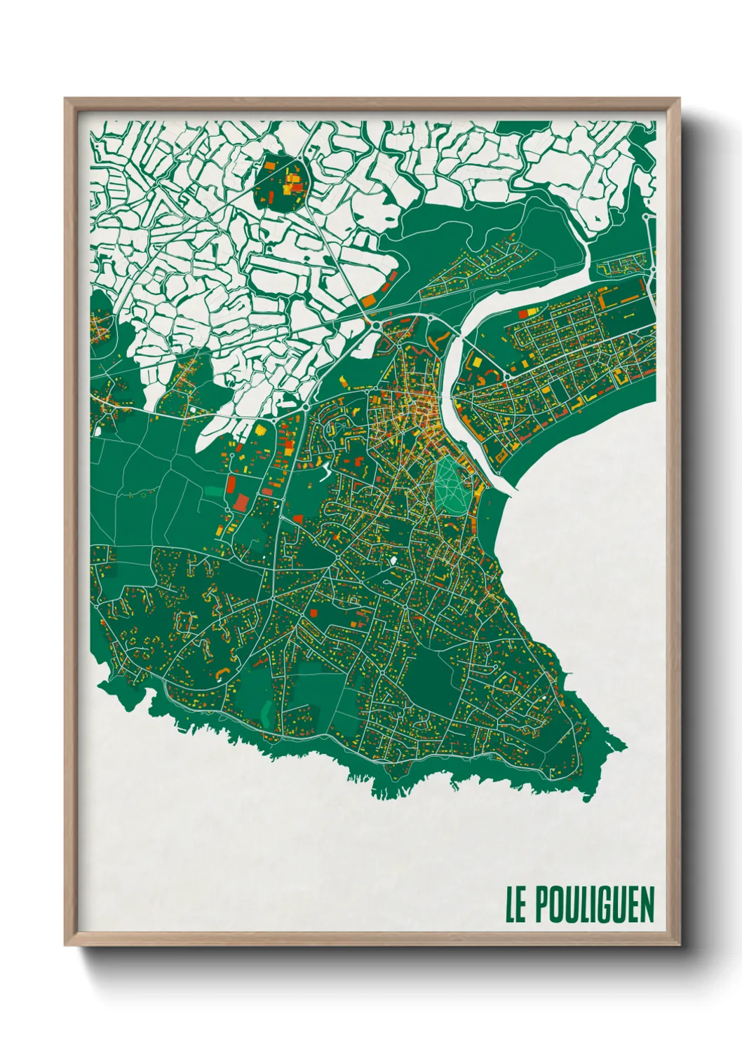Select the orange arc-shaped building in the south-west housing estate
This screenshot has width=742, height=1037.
tap(222, 672)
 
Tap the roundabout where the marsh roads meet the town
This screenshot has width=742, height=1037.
tap(376, 325)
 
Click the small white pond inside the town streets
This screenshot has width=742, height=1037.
tap(393, 561)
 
